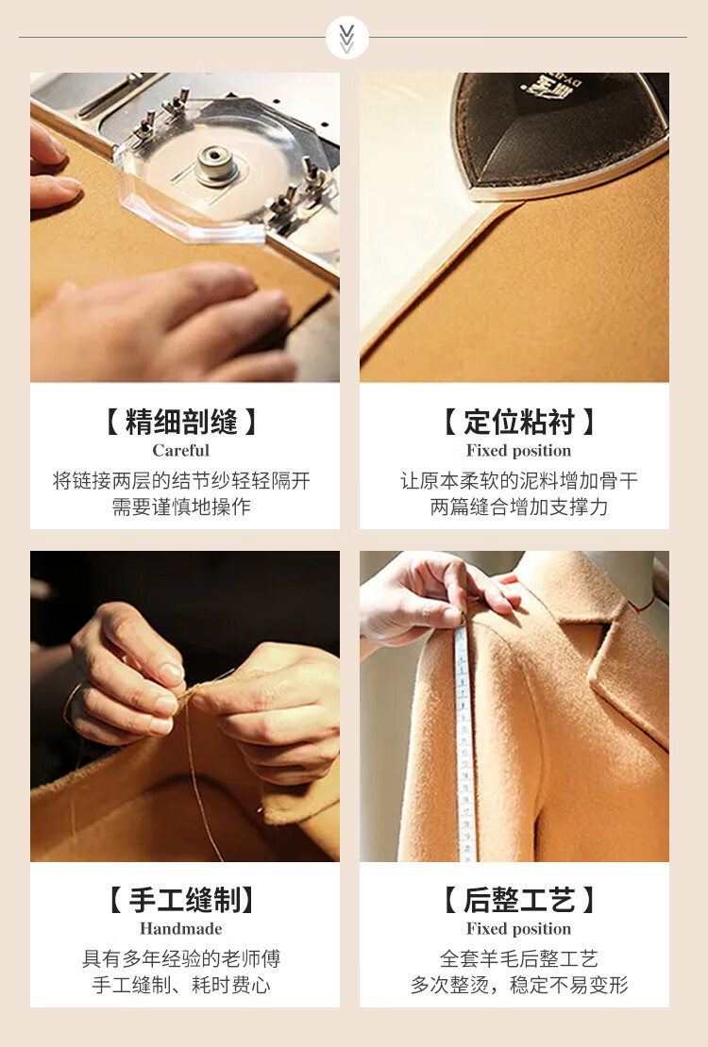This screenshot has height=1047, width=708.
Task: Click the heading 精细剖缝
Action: click(x=181, y=422)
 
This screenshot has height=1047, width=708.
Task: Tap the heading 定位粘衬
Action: click(x=519, y=422)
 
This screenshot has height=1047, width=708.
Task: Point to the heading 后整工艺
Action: click(x=519, y=900)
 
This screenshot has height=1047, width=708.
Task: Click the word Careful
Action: click(x=180, y=451)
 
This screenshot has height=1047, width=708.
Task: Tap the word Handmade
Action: click(x=180, y=929)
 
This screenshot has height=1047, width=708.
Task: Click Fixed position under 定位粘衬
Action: click(x=519, y=451)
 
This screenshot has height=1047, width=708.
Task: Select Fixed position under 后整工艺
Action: click(x=519, y=929)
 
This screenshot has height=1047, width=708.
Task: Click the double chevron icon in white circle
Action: click(x=347, y=38)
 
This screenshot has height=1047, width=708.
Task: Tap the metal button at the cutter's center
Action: click(x=216, y=163)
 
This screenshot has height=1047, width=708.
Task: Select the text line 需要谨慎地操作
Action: click(x=180, y=507)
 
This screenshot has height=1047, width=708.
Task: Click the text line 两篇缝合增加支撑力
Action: click(x=519, y=507)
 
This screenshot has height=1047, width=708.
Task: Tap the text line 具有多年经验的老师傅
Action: click(x=180, y=959)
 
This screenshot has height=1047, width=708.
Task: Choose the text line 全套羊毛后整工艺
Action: click(x=519, y=959)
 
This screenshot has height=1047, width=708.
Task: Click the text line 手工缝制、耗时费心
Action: click(x=180, y=985)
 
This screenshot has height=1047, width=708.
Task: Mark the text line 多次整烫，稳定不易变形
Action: click(x=519, y=985)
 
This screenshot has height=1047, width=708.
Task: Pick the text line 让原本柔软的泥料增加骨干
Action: click(x=519, y=481)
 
